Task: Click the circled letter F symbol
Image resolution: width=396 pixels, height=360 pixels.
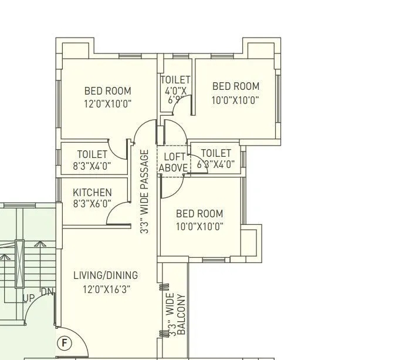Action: click(63, 342)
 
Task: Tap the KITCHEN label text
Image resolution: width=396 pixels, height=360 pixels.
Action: click(92, 193)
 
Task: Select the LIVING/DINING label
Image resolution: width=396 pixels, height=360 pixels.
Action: click(106, 275)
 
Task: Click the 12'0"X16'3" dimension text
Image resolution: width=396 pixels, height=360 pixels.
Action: click(106, 289)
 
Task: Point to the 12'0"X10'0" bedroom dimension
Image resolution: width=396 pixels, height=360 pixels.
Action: click(107, 104)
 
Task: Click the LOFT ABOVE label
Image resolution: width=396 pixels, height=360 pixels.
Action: click(174, 162)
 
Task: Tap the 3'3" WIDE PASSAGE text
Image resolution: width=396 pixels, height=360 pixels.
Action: click(144, 192)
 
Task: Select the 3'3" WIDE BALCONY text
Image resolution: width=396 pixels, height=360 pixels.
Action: click(176, 315)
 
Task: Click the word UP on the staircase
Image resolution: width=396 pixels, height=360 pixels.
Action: click(29, 298)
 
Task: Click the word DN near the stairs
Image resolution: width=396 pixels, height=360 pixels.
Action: click(47, 292)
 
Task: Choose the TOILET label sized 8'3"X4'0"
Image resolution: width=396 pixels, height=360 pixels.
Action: click(92, 154)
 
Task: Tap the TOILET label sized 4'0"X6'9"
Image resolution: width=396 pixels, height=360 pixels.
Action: click(175, 80)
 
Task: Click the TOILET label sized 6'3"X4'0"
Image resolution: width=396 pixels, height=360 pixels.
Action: click(216, 153)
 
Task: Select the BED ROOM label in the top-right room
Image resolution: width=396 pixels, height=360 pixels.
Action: click(235, 86)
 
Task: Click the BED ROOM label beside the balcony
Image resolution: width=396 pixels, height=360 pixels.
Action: click(199, 214)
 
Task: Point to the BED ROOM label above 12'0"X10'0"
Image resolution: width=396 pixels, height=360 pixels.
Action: click(107, 91)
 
